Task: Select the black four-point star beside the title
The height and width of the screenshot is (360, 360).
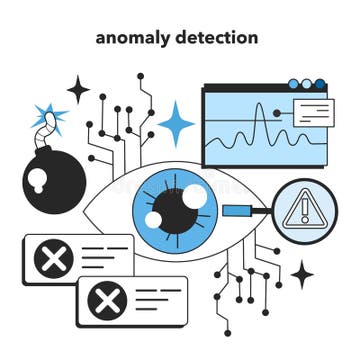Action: [78, 89]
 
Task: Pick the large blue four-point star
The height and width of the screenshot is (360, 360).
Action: [176, 124]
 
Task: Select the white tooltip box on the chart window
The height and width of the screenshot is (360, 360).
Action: [313, 112]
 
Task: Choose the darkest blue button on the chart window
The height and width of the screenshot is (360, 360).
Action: [320, 85]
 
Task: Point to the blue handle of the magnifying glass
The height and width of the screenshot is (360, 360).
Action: [240, 210]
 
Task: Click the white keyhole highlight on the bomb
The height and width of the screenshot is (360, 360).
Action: [39, 180]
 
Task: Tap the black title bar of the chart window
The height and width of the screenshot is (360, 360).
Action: [245, 86]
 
